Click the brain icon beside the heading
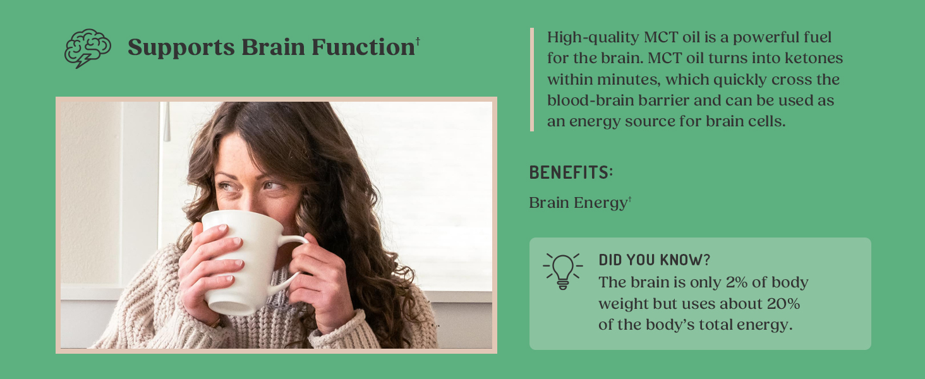(x=87, y=48)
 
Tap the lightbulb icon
(x=562, y=271)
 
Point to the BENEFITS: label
(x=571, y=172)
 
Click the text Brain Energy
(x=577, y=203)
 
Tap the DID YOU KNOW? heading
(x=654, y=260)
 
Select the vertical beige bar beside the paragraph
(x=532, y=80)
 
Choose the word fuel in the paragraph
(x=819, y=38)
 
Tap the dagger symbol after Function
(x=418, y=42)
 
